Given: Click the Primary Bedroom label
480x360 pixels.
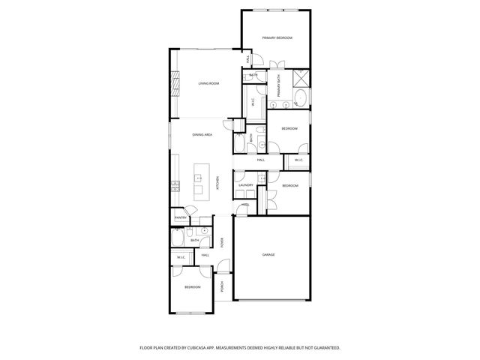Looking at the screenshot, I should click(277, 37).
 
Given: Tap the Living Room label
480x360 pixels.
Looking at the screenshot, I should click(208, 83).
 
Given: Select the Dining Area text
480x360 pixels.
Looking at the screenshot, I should click(202, 134).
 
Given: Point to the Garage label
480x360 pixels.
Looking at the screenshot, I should click(268, 255).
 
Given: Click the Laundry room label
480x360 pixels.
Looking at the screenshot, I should click(246, 184).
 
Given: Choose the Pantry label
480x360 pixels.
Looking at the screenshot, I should click(180, 218).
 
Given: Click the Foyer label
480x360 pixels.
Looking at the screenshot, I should click(222, 242).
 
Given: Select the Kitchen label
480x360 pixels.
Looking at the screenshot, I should click(217, 181).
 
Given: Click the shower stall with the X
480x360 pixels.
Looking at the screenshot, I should click(301, 76).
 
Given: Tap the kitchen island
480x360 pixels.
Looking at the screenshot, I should click(200, 181).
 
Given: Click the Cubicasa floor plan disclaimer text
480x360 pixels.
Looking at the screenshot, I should click(240, 348).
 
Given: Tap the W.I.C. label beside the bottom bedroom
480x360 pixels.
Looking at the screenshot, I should click(181, 258).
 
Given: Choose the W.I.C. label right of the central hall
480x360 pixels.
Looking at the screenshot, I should click(298, 160).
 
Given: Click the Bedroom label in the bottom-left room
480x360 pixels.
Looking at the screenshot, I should click(193, 287).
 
